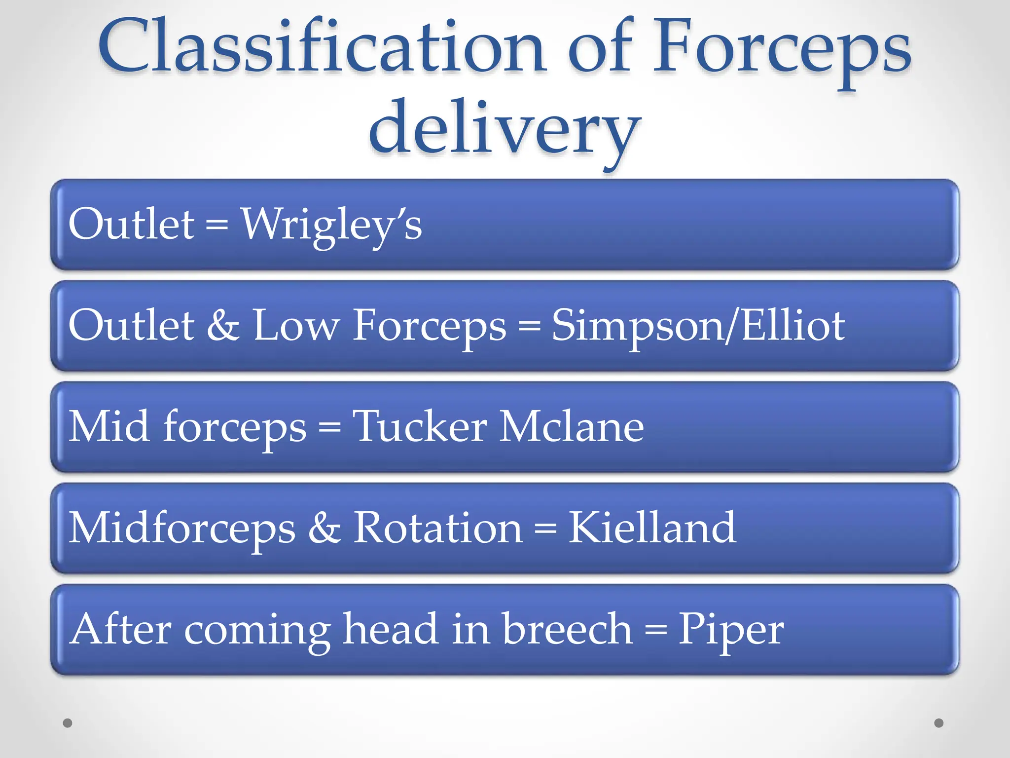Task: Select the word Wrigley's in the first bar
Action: coord(331,225)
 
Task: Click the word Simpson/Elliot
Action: coord(698,326)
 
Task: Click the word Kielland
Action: coord(652,528)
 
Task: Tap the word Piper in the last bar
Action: coord(731,630)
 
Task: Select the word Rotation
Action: coord(438,528)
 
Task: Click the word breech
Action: coord(567,629)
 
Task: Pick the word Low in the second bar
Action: coord(296,326)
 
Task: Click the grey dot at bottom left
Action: coord(68,723)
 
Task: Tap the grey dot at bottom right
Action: coord(939,723)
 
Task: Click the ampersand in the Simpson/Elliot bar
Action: coord(223,326)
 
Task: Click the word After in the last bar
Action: coord(120,629)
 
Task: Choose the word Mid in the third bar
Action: coord(109,426)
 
